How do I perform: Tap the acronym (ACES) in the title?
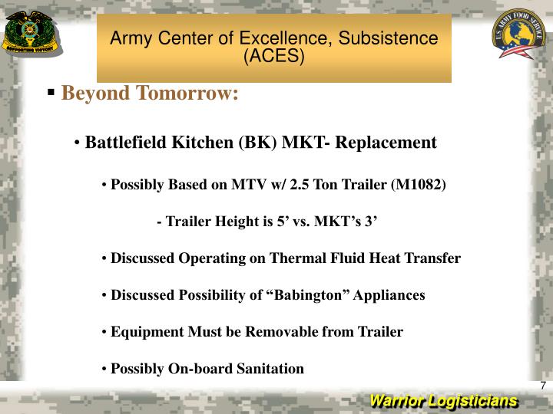[x=273, y=57]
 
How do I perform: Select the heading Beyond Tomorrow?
[x=151, y=94]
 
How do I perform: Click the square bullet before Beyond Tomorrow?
[x=51, y=93]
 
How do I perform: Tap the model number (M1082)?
[x=418, y=185]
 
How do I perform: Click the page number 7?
[x=542, y=386]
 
